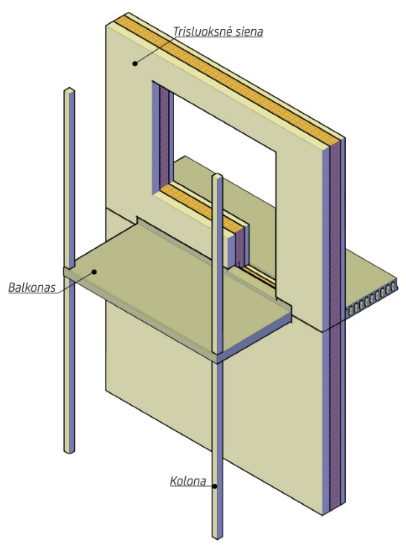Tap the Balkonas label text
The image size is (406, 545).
(x=32, y=288)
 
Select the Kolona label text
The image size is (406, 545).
(x=188, y=482)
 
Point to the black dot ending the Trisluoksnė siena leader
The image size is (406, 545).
(x=135, y=63)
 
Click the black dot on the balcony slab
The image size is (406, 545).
(x=94, y=272)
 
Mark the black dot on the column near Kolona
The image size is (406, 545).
(x=215, y=487)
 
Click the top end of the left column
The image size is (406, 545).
(x=69, y=90)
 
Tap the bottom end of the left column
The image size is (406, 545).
(x=69, y=451)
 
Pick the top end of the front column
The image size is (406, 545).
(x=218, y=176)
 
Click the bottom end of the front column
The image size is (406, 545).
(x=217, y=537)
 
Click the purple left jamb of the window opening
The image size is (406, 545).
(x=164, y=137)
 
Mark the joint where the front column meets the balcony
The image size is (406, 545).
(x=217, y=358)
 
